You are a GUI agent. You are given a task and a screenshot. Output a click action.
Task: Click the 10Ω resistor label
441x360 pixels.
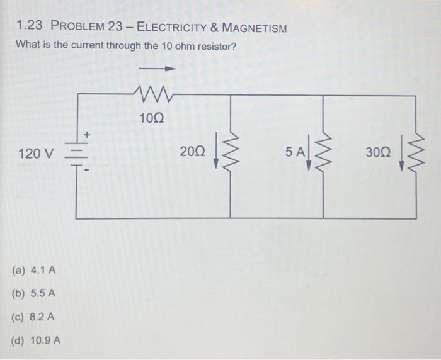152,118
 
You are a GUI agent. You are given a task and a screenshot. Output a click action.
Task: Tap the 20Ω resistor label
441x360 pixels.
192,152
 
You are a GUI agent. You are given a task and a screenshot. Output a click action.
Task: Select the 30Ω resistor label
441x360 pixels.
377,152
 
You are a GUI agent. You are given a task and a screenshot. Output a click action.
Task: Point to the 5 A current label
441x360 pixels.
294,152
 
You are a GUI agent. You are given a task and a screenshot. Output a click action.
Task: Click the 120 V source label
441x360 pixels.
37,153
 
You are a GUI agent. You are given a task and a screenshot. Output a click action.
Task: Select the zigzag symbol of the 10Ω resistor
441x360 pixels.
154,96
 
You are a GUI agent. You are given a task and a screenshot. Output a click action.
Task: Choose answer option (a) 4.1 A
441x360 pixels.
34,271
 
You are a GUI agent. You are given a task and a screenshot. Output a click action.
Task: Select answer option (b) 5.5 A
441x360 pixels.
34,293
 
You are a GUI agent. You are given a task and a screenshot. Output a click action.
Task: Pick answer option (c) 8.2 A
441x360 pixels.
34,317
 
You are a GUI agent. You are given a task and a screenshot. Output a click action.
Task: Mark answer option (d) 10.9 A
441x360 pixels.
37,340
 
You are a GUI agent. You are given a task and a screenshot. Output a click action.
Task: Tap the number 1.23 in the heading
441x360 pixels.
29,28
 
